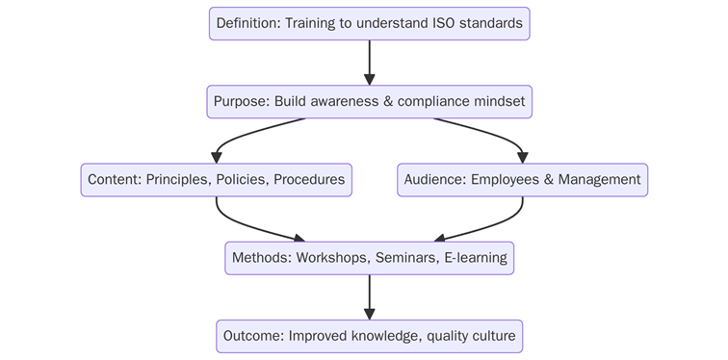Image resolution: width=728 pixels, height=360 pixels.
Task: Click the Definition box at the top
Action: pos(369,23)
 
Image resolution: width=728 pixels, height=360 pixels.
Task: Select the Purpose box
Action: pos(369,101)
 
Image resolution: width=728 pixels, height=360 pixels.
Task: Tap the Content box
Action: pos(216,180)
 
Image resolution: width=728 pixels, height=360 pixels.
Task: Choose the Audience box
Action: pos(522,180)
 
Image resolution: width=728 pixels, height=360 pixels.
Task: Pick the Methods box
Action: pos(369,258)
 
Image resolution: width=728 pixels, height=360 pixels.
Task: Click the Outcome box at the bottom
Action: pos(369,336)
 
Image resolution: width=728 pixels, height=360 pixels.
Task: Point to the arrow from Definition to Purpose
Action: pos(369,63)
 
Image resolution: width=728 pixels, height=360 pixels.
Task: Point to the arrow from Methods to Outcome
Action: pos(369,296)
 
